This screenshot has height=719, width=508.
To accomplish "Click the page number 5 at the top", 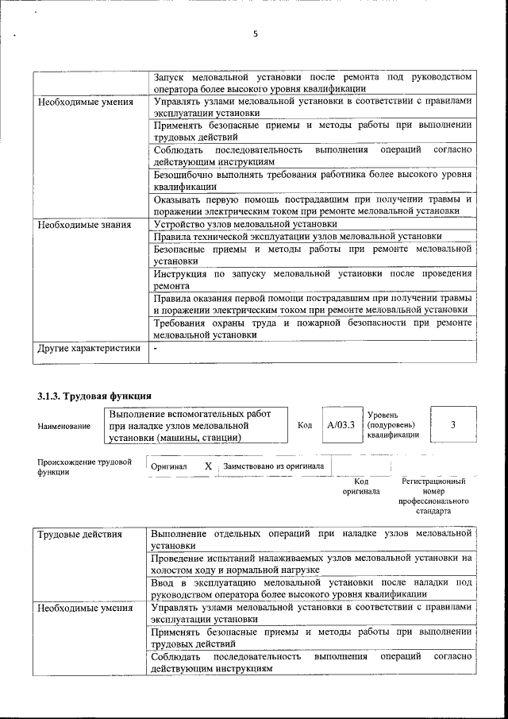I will click(255, 34).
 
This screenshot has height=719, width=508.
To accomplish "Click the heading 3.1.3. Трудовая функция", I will click(94, 396).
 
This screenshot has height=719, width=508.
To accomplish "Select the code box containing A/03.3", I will click(341, 425).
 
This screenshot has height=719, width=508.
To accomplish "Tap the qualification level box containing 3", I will click(452, 425).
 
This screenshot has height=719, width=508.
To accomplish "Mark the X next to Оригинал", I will click(208, 466).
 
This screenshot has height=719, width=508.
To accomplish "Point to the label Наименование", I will click(64, 427).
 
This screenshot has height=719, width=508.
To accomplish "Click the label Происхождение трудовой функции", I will click(83, 466).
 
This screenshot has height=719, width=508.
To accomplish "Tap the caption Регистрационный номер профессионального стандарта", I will click(433, 497).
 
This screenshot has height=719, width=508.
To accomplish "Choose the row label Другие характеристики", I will click(90, 348).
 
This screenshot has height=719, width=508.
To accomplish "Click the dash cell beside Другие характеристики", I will click(156, 348).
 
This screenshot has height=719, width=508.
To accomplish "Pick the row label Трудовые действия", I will click(80, 534).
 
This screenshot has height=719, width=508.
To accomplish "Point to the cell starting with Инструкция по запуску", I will click(313, 280).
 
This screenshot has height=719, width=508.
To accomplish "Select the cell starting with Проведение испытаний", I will click(313, 564).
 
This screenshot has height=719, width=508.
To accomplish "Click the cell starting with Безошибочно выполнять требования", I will click(313, 180).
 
